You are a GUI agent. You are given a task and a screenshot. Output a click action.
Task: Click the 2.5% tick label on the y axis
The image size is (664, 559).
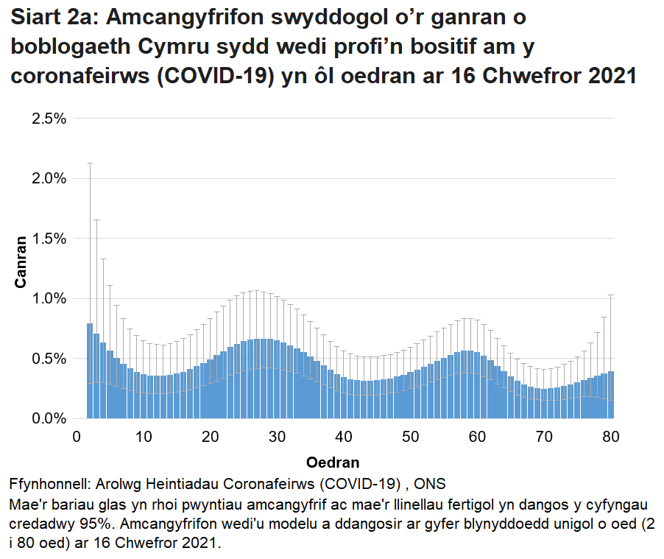click(49, 119)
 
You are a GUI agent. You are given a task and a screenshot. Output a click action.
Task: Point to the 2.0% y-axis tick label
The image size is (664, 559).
click(49, 178)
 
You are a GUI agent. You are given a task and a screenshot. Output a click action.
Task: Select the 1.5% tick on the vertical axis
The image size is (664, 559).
click(49, 239)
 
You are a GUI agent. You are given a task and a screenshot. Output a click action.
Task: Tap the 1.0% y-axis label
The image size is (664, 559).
click(49, 299)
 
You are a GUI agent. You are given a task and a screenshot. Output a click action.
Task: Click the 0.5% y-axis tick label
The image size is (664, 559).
click(49, 359)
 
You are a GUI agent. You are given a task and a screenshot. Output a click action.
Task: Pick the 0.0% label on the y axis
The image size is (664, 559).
click(49, 418)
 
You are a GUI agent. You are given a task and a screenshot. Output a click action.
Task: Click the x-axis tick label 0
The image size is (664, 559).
click(77, 437)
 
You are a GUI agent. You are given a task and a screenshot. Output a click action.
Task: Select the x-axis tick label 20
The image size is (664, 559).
click(210, 437)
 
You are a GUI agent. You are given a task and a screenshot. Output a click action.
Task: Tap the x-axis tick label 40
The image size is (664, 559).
click(344, 437)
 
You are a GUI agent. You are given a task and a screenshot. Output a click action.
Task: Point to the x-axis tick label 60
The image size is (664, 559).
click(477, 437)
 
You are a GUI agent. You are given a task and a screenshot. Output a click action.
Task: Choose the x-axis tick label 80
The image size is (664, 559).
click(610, 437)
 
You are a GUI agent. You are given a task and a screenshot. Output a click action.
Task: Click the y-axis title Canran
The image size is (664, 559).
click(21, 261)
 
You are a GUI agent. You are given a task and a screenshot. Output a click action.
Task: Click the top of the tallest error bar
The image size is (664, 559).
click(90, 164)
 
